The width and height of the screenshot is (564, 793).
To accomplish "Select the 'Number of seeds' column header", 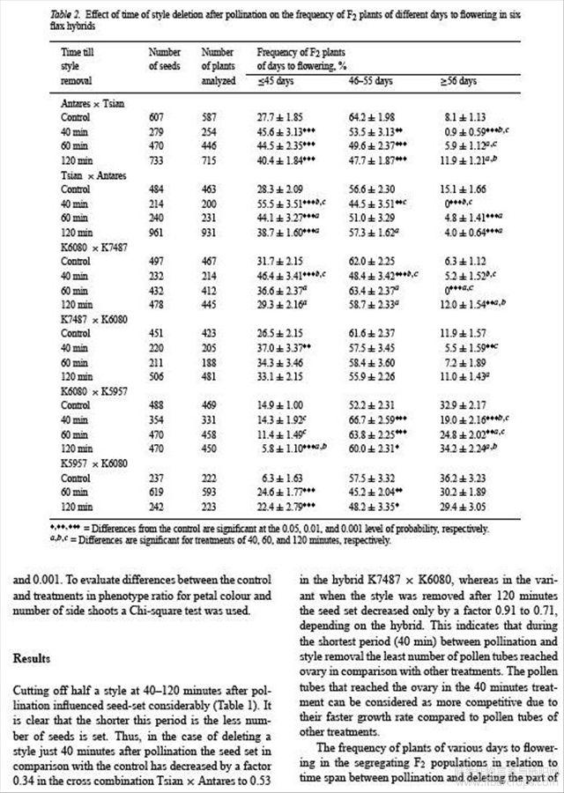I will [165, 59].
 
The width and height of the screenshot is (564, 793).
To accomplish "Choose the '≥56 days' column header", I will [458, 80].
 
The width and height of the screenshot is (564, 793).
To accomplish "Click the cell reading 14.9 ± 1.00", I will [280, 404].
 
